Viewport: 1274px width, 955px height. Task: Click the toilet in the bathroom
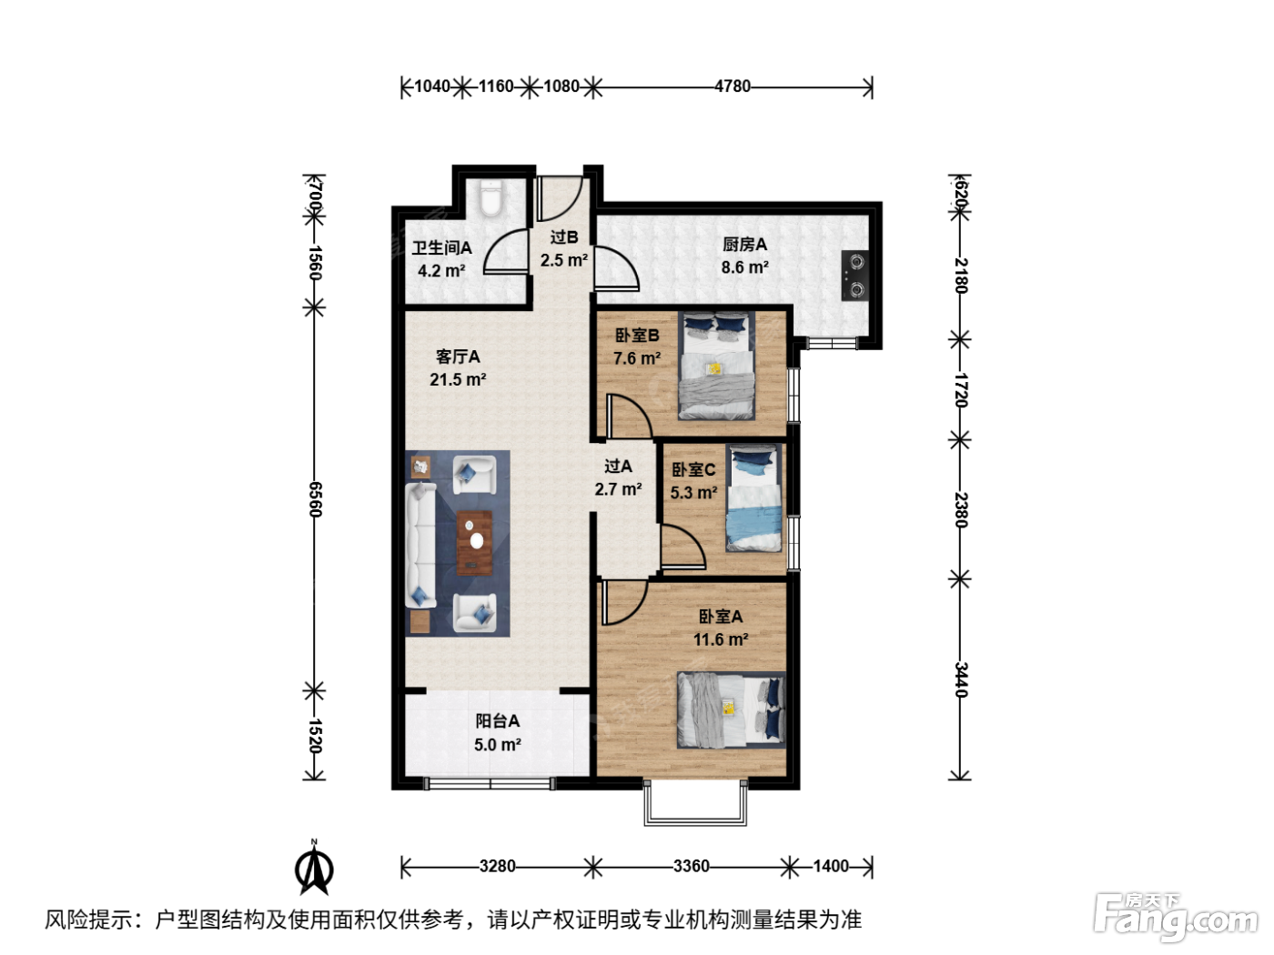tap(491, 197)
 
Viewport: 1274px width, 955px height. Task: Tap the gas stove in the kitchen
tap(854, 275)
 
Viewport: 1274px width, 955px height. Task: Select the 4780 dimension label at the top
tap(733, 86)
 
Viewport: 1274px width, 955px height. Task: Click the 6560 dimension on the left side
tap(315, 499)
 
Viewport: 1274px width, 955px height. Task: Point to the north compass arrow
tap(314, 867)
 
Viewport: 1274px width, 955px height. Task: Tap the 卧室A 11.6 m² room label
tap(721, 628)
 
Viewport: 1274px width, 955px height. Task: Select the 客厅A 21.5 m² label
tap(458, 367)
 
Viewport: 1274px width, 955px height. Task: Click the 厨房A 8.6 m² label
tap(744, 256)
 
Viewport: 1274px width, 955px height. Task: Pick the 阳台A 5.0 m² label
tap(498, 732)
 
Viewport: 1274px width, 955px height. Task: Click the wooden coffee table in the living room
tap(474, 543)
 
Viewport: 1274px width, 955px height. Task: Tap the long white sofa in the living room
tap(420, 546)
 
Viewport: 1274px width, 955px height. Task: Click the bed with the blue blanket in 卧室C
tap(753, 498)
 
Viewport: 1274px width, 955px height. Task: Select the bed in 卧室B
tap(717, 366)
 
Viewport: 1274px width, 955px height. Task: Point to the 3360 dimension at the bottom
tap(692, 866)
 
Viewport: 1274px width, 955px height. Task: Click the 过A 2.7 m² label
tap(618, 477)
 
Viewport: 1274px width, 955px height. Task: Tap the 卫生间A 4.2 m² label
tap(441, 259)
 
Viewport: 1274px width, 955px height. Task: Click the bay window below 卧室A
tap(695, 802)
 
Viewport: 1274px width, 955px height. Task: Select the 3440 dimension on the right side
tap(961, 679)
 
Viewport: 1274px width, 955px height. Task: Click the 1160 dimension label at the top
tap(496, 86)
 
